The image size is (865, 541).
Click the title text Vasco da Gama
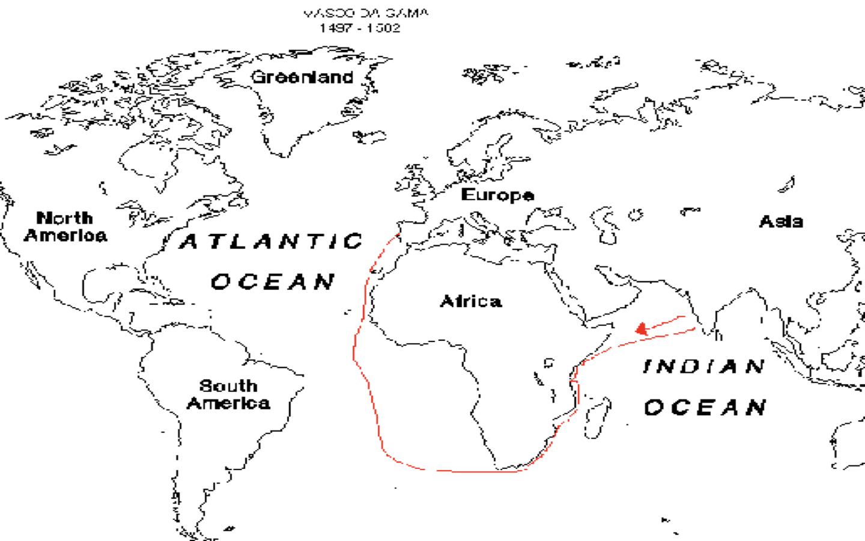(365, 13)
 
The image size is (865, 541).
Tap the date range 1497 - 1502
(359, 28)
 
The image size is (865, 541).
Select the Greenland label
(302, 77)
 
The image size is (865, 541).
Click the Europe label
(497, 195)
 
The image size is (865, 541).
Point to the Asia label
(781, 221)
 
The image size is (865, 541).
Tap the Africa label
(471, 301)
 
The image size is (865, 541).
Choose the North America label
(65, 226)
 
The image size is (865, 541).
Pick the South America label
(228, 394)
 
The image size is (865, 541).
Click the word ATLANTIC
(272, 242)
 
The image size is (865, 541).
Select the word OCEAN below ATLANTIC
(273, 281)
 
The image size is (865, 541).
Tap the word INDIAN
(704, 366)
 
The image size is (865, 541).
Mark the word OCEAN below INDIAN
(705, 408)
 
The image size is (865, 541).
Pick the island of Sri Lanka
(718, 334)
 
